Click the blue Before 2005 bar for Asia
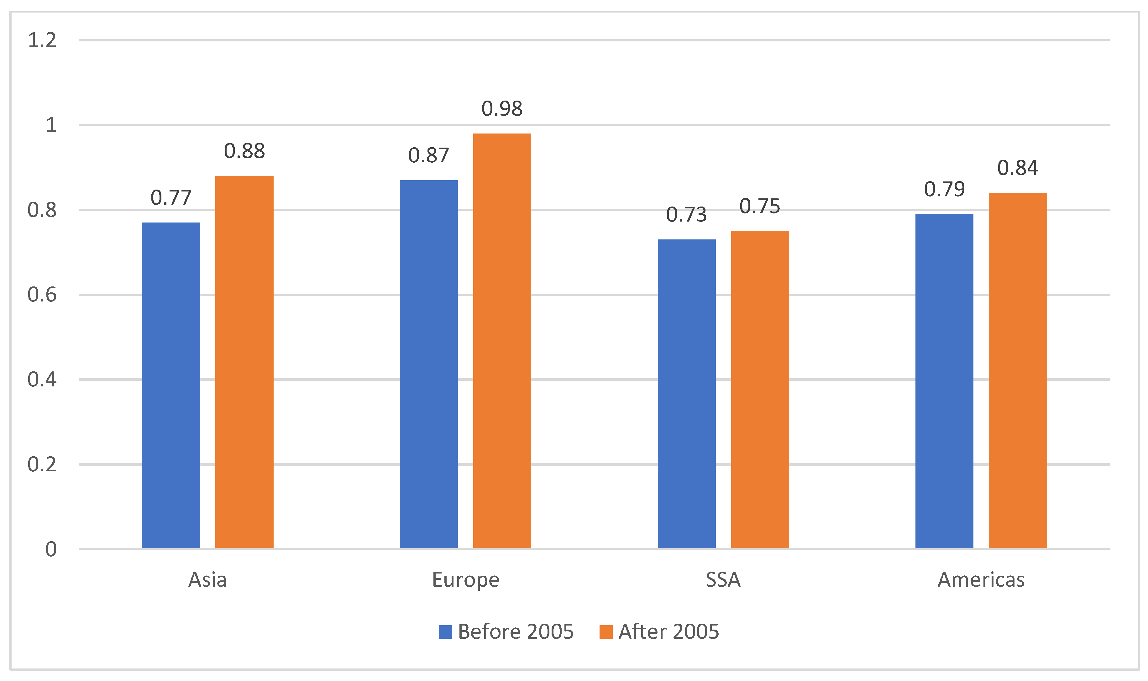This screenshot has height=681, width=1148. [x=171, y=385]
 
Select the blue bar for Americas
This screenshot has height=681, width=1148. [x=944, y=381]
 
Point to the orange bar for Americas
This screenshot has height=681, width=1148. [x=1018, y=370]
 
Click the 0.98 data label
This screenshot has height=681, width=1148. [x=502, y=109]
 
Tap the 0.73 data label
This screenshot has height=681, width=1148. [x=686, y=215]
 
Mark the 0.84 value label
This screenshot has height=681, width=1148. [x=1018, y=168]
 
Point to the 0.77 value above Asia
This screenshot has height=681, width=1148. [x=171, y=198]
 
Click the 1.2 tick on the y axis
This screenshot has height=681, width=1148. [x=42, y=40]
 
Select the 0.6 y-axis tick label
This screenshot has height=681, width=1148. [x=42, y=295]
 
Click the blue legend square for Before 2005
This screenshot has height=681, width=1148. [x=445, y=632]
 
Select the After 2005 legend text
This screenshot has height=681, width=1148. [x=668, y=632]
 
